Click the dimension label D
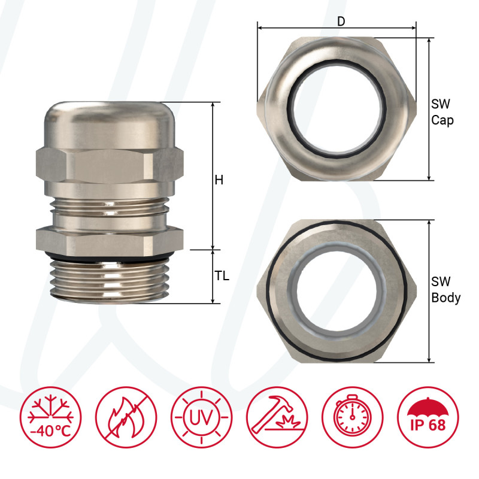[x=341, y=22]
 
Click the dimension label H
[x=219, y=180]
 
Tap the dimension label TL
[x=222, y=277]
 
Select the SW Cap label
[x=442, y=112]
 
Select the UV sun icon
[x=201, y=417]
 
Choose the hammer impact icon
[x=277, y=417]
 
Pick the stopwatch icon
[x=352, y=417]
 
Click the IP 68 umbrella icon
[x=428, y=417]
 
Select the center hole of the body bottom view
[x=336, y=291]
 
